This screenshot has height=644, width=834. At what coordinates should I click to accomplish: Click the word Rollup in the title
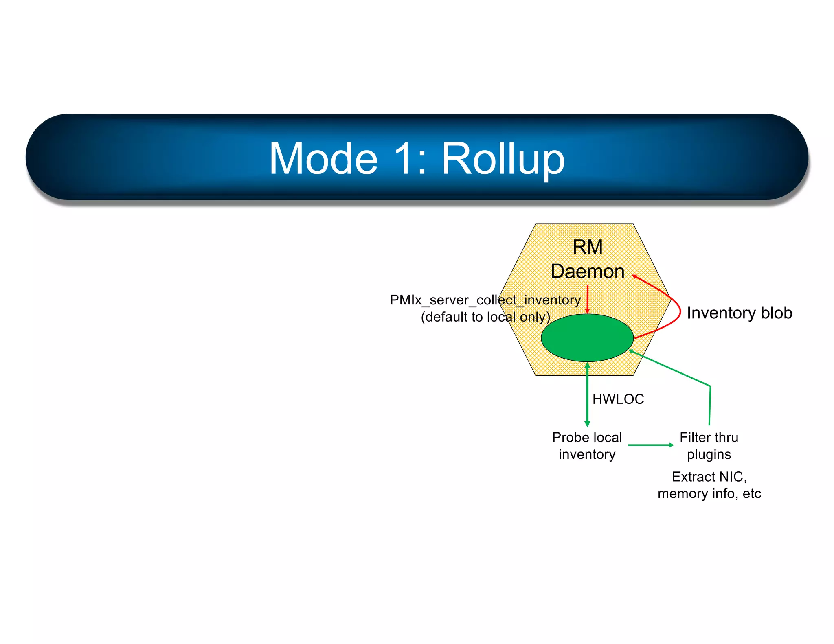(x=503, y=159)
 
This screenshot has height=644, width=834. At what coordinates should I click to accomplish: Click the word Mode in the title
(x=324, y=159)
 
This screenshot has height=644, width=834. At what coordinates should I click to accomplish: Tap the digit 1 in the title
(x=406, y=159)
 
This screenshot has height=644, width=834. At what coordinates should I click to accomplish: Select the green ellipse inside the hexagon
(x=587, y=337)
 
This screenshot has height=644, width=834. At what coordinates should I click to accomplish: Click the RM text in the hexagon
(x=587, y=247)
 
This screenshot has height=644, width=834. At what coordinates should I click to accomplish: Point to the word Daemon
(x=587, y=272)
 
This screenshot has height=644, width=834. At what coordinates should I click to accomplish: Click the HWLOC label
(x=618, y=399)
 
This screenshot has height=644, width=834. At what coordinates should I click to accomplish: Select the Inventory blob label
(x=739, y=313)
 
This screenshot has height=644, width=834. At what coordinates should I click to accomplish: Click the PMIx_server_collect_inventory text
(x=485, y=300)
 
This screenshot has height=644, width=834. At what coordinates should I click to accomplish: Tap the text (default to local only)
(x=485, y=317)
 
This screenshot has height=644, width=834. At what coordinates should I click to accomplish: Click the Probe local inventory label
(x=587, y=446)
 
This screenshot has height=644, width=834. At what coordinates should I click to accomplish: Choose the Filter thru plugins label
(x=709, y=446)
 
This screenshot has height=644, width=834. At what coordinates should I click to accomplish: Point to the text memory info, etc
(x=709, y=493)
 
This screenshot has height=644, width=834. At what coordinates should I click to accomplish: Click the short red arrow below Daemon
(x=587, y=299)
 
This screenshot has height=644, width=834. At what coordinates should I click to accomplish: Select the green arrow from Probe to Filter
(x=650, y=445)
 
